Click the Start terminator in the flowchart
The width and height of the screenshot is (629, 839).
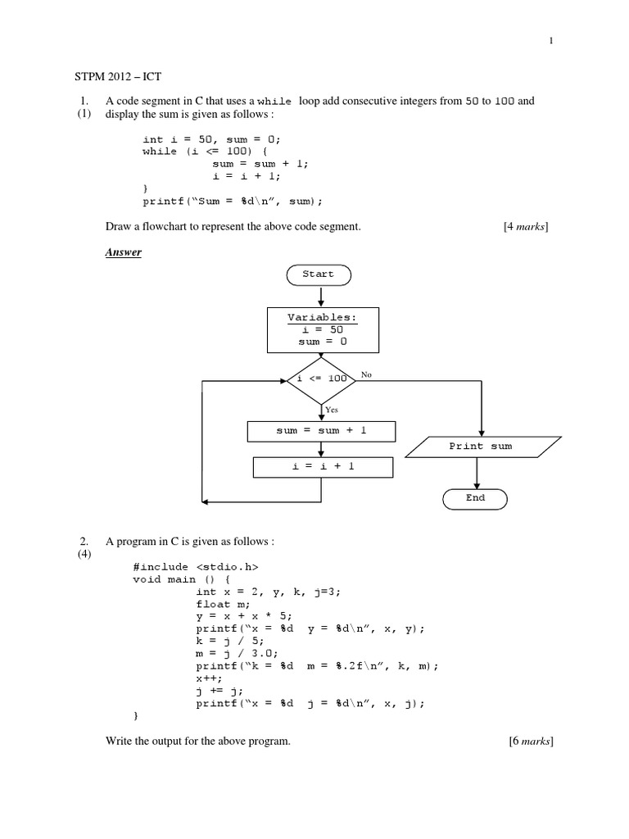click(319, 274)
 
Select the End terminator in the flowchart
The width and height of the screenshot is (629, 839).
click(475, 497)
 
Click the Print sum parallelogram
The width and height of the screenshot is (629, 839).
click(480, 447)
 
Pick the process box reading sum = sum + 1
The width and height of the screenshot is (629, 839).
click(321, 431)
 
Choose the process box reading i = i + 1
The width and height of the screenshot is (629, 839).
click(323, 466)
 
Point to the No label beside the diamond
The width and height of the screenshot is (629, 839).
click(366, 374)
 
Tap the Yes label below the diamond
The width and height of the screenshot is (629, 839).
click(332, 408)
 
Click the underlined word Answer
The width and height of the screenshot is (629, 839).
click(124, 252)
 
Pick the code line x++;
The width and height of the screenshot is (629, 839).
click(210, 679)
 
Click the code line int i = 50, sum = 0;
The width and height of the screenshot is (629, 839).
click(217, 140)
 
